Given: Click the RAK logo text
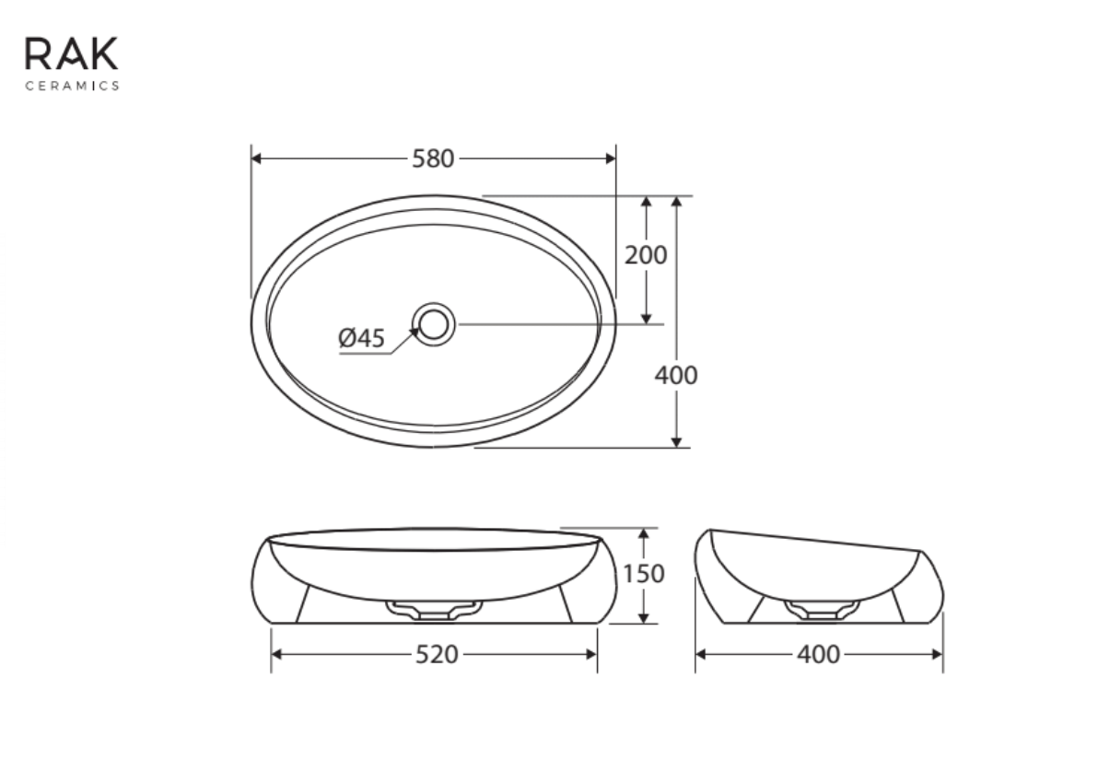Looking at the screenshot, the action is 72,54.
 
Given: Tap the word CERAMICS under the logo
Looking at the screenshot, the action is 72,86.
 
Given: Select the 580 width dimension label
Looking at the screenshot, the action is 433,159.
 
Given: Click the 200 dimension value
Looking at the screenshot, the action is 646,255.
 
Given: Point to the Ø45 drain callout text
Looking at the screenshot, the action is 361,338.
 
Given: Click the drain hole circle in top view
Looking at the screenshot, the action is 434,324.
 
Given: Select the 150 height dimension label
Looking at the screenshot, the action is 644,574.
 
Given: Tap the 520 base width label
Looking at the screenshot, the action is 437,654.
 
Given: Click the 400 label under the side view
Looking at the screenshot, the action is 819,654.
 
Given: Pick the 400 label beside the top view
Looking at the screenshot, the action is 676,376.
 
